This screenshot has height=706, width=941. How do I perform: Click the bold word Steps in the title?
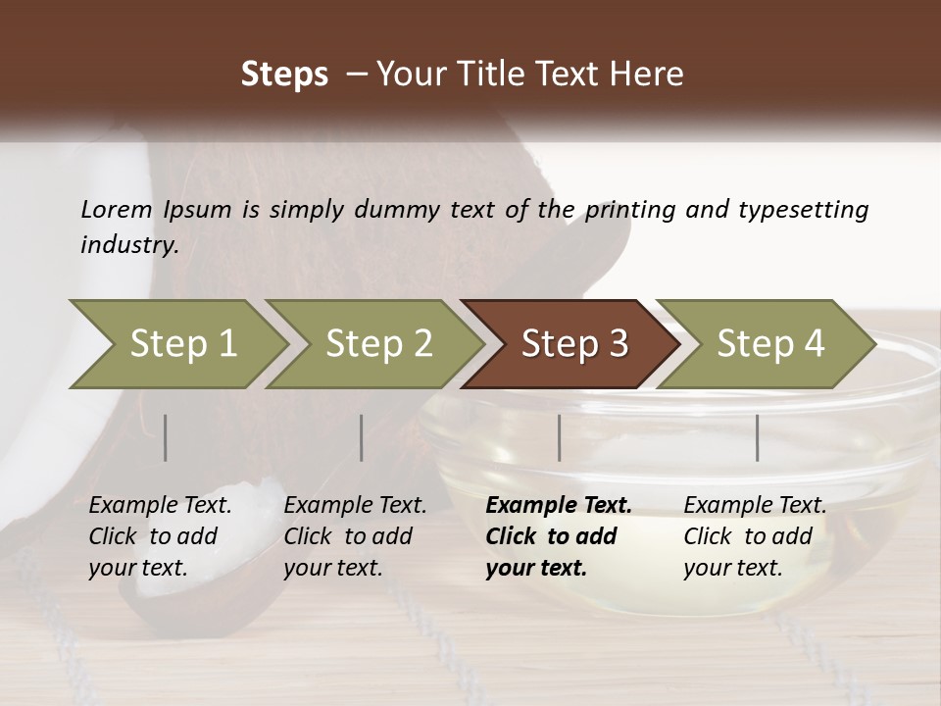pos(284,74)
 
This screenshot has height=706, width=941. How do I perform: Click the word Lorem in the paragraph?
pos(117,210)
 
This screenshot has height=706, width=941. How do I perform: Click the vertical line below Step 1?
pos(166,437)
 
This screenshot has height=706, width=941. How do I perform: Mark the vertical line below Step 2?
pos(362,437)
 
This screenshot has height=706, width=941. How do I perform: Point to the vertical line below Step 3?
pos(559,437)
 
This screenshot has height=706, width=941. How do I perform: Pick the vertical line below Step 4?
pos(757,437)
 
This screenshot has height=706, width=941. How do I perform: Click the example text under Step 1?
pos(160,536)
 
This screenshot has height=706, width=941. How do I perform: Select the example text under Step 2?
pos(355,536)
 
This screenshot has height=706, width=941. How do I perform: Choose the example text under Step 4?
pos(755,536)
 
